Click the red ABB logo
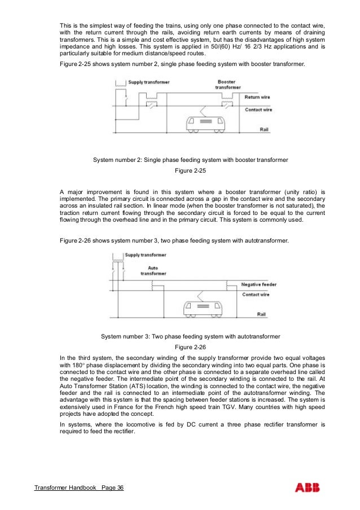309,487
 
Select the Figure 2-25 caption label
190,171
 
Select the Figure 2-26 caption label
190,347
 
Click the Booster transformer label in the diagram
227,85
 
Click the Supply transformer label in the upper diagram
148,82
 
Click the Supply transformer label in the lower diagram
146,255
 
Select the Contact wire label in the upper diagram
258,109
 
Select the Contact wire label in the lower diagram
255,294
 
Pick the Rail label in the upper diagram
264,129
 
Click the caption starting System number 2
190,160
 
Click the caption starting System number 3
190,336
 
